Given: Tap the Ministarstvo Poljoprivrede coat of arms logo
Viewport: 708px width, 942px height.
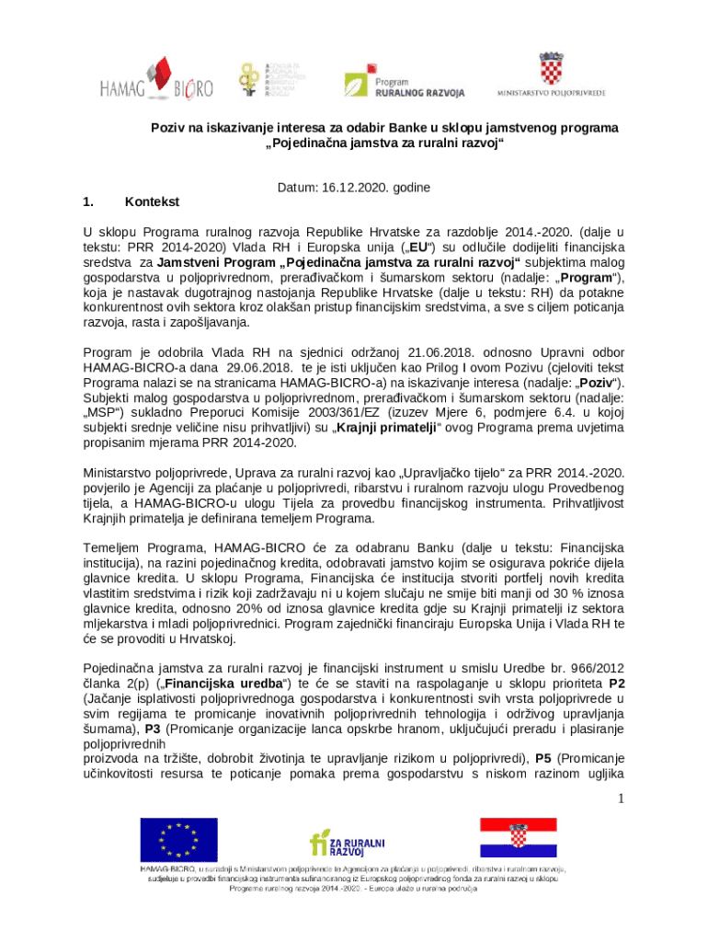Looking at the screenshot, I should [x=552, y=74].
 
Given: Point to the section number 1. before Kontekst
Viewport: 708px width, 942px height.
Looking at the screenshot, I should [x=89, y=201].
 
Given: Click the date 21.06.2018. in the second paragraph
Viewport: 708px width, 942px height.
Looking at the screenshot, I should [x=437, y=352].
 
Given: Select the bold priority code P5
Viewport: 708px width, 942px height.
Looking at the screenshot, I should [x=542, y=758].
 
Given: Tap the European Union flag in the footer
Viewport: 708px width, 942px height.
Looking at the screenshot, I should [x=178, y=838].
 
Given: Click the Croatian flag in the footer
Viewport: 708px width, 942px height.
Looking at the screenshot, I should [x=518, y=837].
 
